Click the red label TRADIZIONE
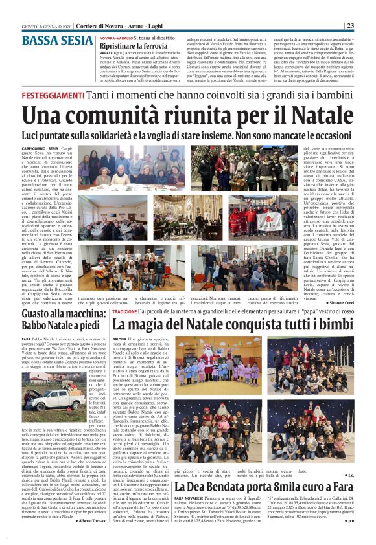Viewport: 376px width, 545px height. [x=124, y=311]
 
